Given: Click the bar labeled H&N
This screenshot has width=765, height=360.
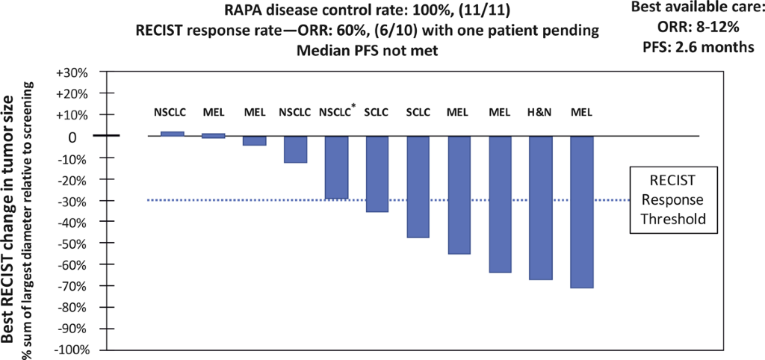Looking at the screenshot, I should point(540,208).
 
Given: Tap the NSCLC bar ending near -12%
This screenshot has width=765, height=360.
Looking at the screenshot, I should point(295,149).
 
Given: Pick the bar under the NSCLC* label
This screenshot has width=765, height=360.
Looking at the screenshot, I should point(336,167).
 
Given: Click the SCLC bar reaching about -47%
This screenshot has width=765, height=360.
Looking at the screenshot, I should point(418,186).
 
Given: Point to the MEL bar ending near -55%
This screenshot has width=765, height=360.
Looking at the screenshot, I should point(459,195).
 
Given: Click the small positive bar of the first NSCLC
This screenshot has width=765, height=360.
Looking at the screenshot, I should point(173,134).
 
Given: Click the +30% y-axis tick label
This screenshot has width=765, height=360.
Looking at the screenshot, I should point(72,73).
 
